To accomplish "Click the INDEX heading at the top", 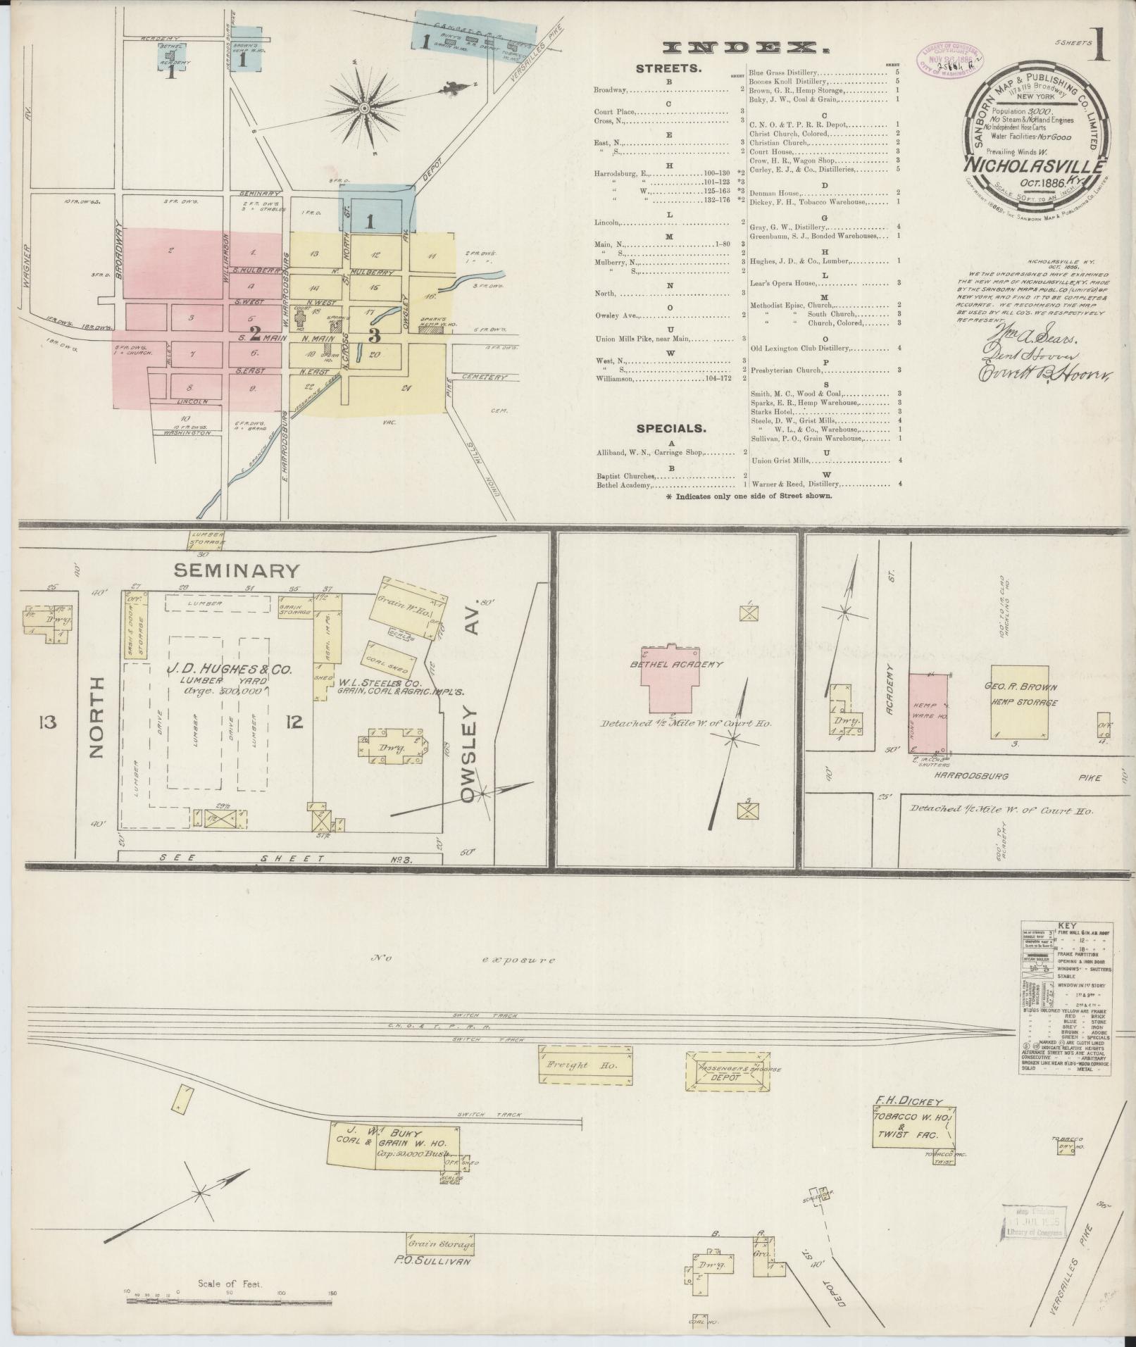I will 745,48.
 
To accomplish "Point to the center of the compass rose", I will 365,108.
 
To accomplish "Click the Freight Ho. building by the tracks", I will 586,1065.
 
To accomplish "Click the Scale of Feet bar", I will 229,1301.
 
